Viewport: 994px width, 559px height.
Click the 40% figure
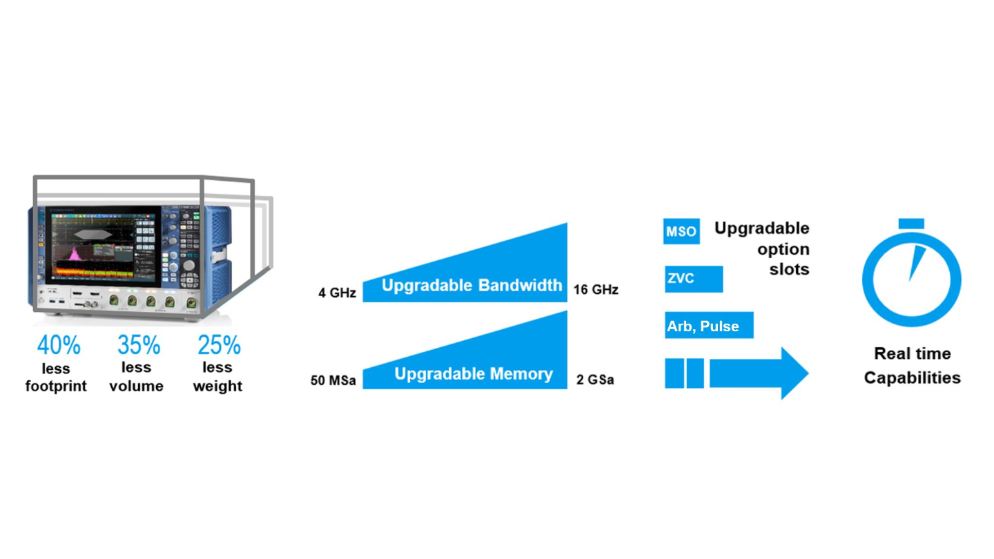59,345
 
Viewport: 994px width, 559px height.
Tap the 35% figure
139,345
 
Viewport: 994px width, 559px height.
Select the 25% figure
220,345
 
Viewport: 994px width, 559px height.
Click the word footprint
56,386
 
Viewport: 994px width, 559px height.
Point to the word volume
136,386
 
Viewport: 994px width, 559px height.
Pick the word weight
217,386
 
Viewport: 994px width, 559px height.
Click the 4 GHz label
338,293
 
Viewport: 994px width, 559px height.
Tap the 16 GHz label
596,290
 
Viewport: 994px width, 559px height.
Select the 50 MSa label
333,381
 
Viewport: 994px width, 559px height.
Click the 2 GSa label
595,380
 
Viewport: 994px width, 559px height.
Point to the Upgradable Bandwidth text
471,285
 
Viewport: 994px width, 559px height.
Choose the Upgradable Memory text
474,373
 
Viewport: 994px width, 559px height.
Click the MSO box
681,231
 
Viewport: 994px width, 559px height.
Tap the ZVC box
694,279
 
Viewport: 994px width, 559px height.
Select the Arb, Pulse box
709,325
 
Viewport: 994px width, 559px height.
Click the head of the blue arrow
795,373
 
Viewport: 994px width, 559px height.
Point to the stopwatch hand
917,263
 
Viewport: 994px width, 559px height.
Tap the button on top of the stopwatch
911,224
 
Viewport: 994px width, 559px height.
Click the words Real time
913,353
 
